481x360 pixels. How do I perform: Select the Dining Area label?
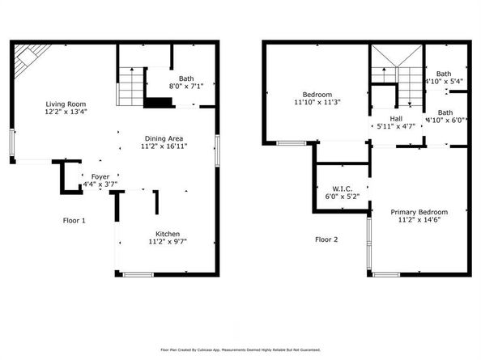pyautogui.click(x=164, y=138)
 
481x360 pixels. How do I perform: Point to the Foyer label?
pyautogui.click(x=100, y=176)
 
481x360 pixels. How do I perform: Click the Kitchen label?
pyautogui.click(x=168, y=232)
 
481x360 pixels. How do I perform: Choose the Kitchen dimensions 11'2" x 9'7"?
pyautogui.click(x=168, y=241)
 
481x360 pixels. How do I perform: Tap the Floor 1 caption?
pyautogui.click(x=74, y=220)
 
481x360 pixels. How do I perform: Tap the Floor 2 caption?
pyautogui.click(x=326, y=239)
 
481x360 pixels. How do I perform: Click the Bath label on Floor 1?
pyautogui.click(x=186, y=78)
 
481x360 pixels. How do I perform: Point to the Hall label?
pyautogui.click(x=396, y=117)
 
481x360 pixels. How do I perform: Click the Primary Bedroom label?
pyautogui.click(x=419, y=212)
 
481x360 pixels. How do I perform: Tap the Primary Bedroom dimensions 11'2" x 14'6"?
pyautogui.click(x=419, y=221)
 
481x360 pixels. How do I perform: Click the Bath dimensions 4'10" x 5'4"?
pyautogui.click(x=445, y=82)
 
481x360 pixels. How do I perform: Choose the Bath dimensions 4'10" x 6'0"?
pyautogui.click(x=445, y=121)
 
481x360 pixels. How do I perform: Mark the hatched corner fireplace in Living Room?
pyautogui.click(x=30, y=56)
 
